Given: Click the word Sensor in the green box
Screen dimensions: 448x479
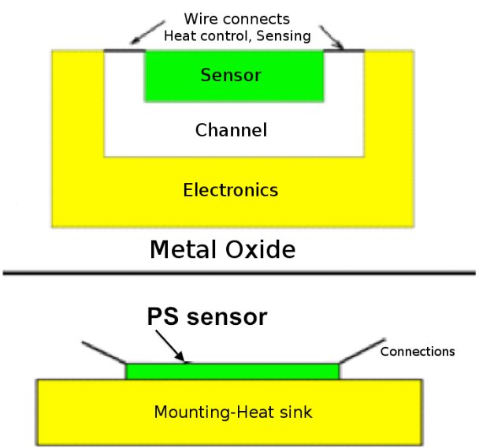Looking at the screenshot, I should pyautogui.click(x=231, y=76).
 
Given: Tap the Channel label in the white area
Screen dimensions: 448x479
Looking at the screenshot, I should pyautogui.click(x=231, y=130).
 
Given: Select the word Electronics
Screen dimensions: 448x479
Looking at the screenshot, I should pyautogui.click(x=230, y=190).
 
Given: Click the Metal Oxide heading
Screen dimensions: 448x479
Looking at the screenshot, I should pyautogui.click(x=223, y=250).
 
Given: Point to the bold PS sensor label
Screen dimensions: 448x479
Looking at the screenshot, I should pyautogui.click(x=207, y=317).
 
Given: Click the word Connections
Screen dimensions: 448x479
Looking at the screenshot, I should pyautogui.click(x=418, y=352).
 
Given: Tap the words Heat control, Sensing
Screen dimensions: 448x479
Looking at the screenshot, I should pyautogui.click(x=237, y=35).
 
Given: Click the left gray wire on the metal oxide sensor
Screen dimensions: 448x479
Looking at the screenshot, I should pyautogui.click(x=124, y=52).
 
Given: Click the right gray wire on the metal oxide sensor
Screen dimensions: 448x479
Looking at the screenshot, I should pyautogui.click(x=345, y=51).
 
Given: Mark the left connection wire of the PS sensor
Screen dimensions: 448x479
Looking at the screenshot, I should pyautogui.click(x=105, y=353).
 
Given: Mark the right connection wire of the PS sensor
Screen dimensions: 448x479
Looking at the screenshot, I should pyautogui.click(x=358, y=352).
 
